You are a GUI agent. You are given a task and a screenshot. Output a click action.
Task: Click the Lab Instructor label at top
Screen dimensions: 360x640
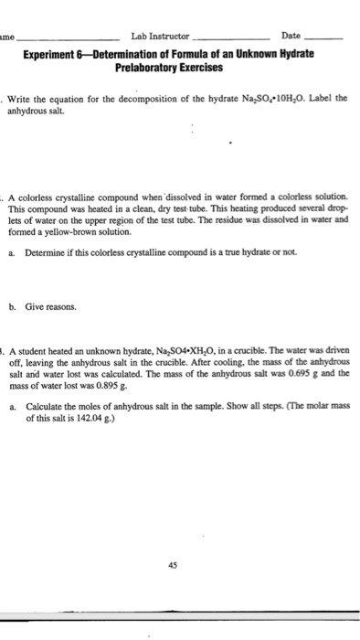tap(160, 36)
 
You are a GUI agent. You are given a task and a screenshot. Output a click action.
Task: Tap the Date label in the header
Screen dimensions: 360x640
tap(291, 36)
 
